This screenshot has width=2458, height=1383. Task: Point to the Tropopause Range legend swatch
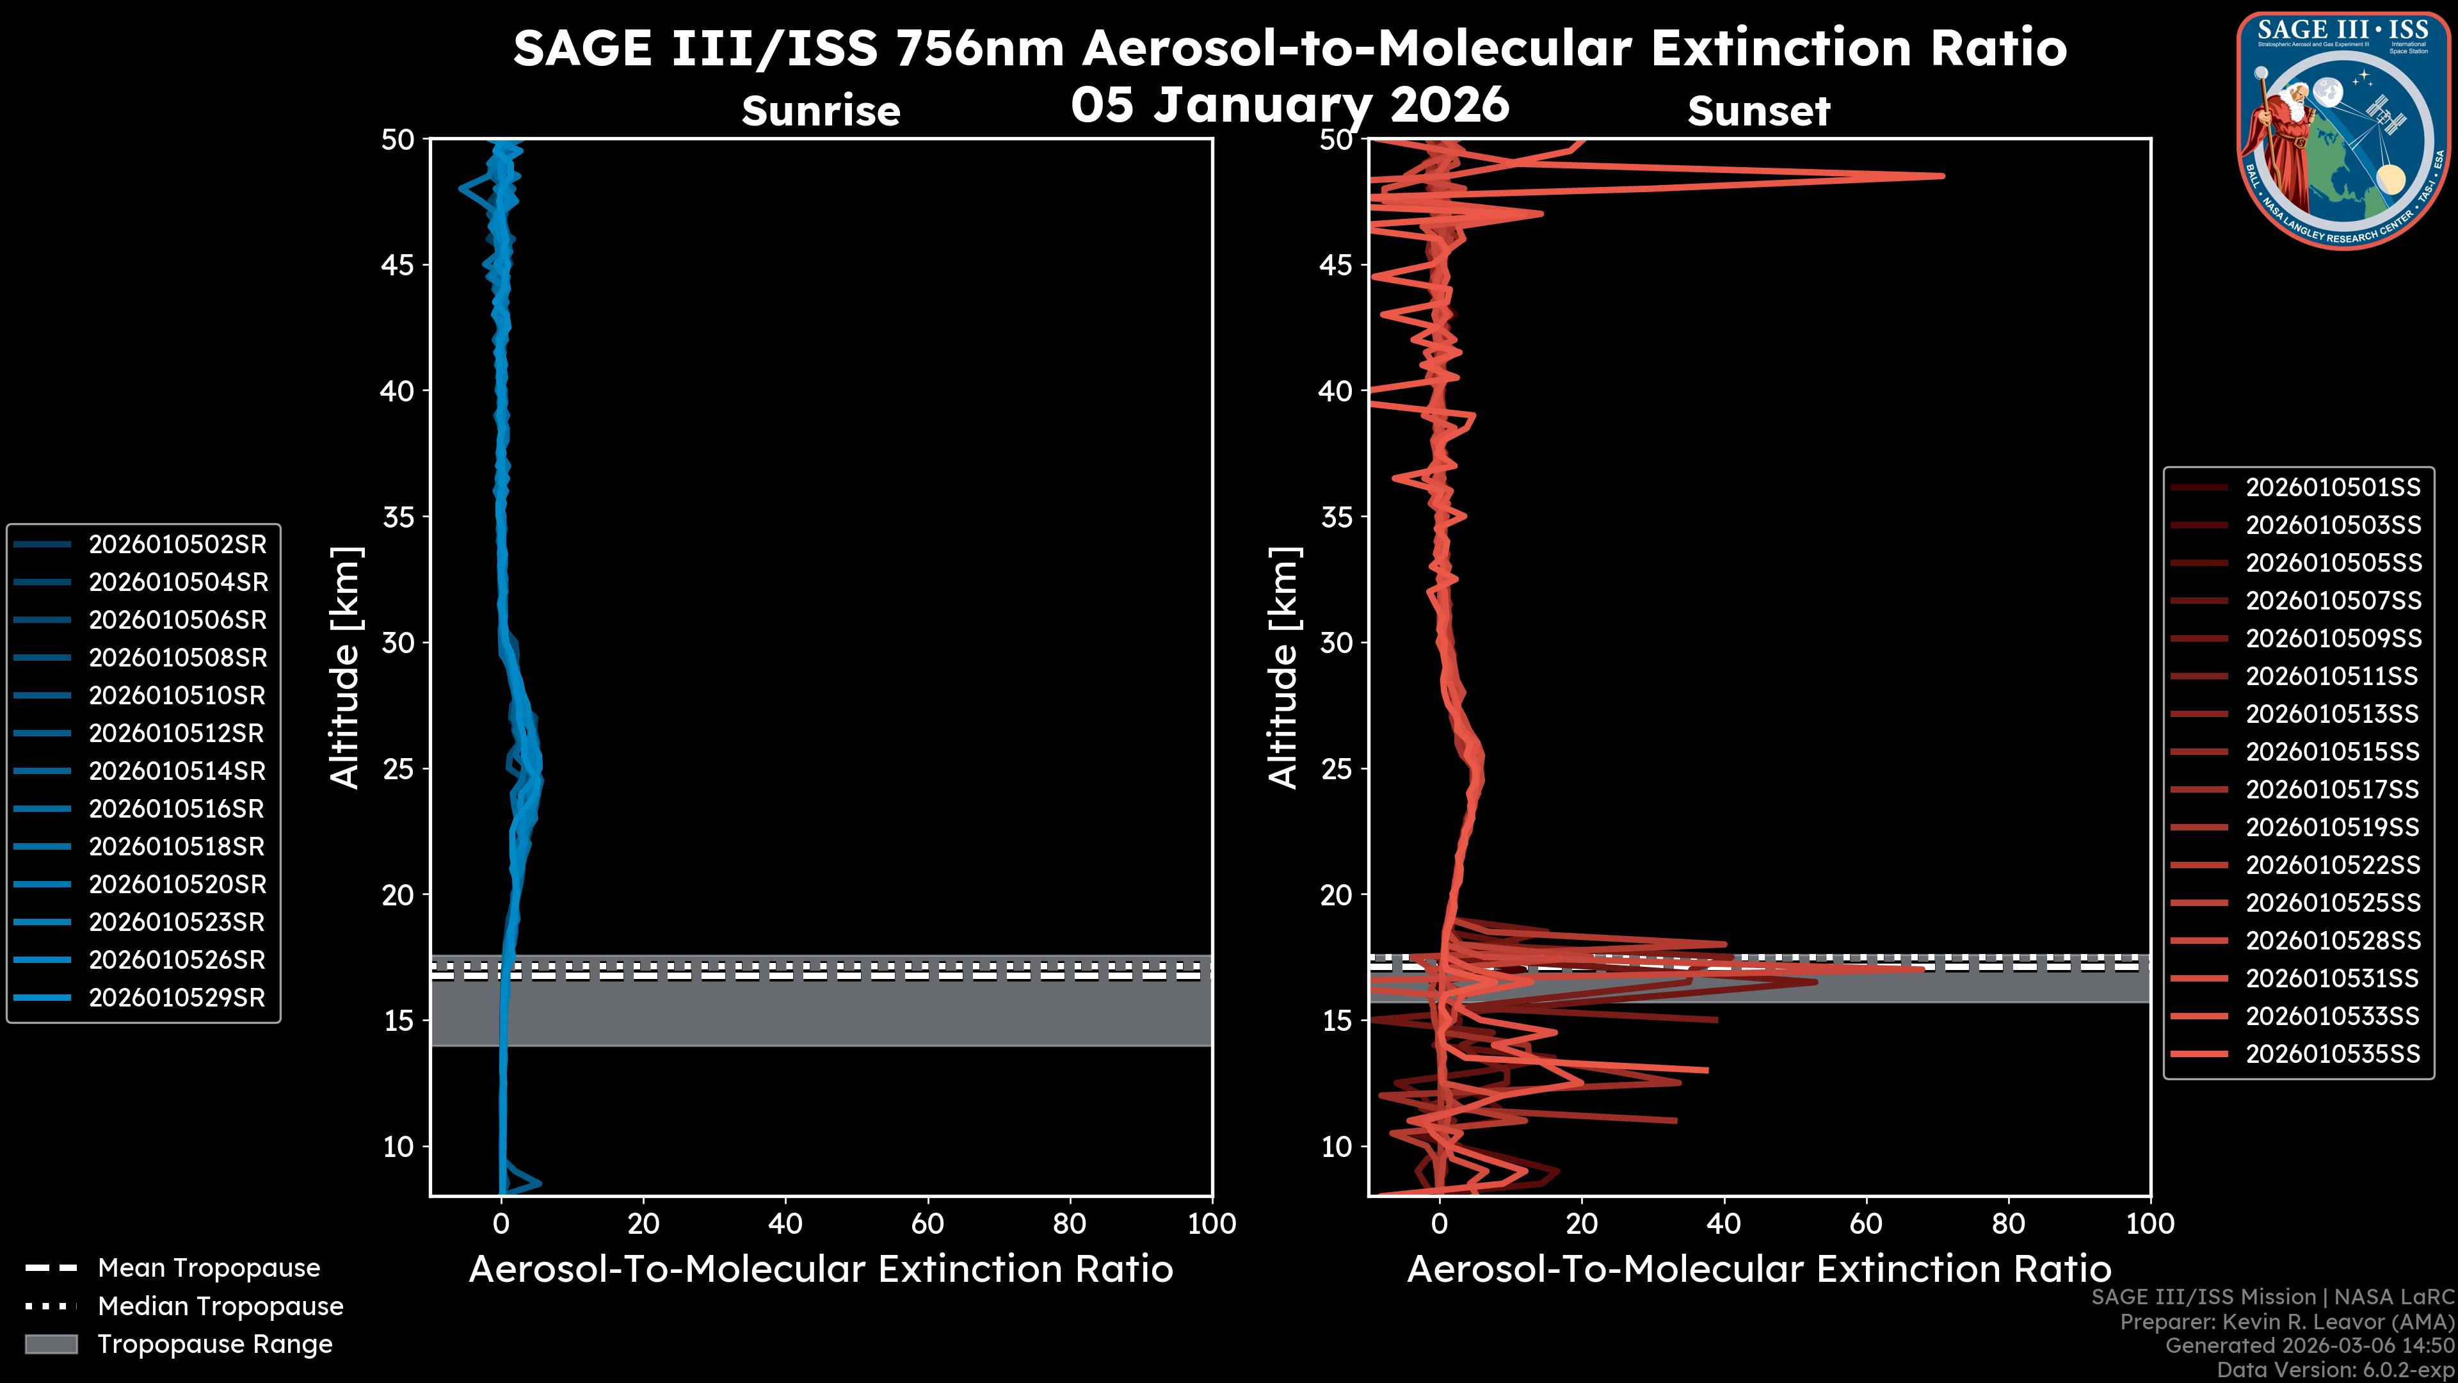pyautogui.click(x=51, y=1345)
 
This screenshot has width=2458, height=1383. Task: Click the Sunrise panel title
pyautogui.click(x=821, y=111)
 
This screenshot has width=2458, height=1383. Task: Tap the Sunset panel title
pyautogui.click(x=1758, y=111)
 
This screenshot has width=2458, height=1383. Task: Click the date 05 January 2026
pyautogui.click(x=1290, y=104)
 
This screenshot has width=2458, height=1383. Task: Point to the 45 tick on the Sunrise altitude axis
pyautogui.click(x=398, y=265)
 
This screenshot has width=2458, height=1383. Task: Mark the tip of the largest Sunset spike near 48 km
pyautogui.click(x=1943, y=175)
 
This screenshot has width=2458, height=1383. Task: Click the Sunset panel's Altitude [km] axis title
pyautogui.click(x=1283, y=668)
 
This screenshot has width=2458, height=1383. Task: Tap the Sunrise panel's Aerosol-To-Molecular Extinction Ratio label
pyautogui.click(x=821, y=1270)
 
